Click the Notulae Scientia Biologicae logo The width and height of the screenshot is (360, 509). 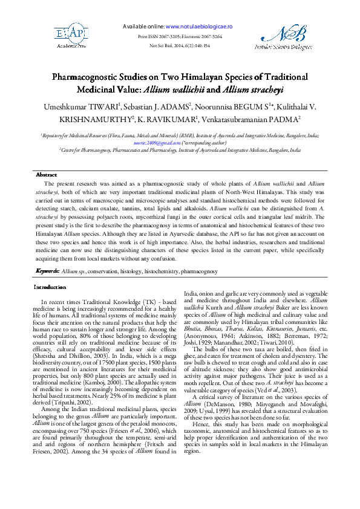click(287, 37)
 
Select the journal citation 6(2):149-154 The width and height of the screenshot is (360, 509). click(193, 45)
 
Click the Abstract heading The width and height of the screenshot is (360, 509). click(47, 174)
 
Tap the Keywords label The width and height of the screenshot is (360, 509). click(47, 271)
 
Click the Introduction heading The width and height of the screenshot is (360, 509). click(50, 287)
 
